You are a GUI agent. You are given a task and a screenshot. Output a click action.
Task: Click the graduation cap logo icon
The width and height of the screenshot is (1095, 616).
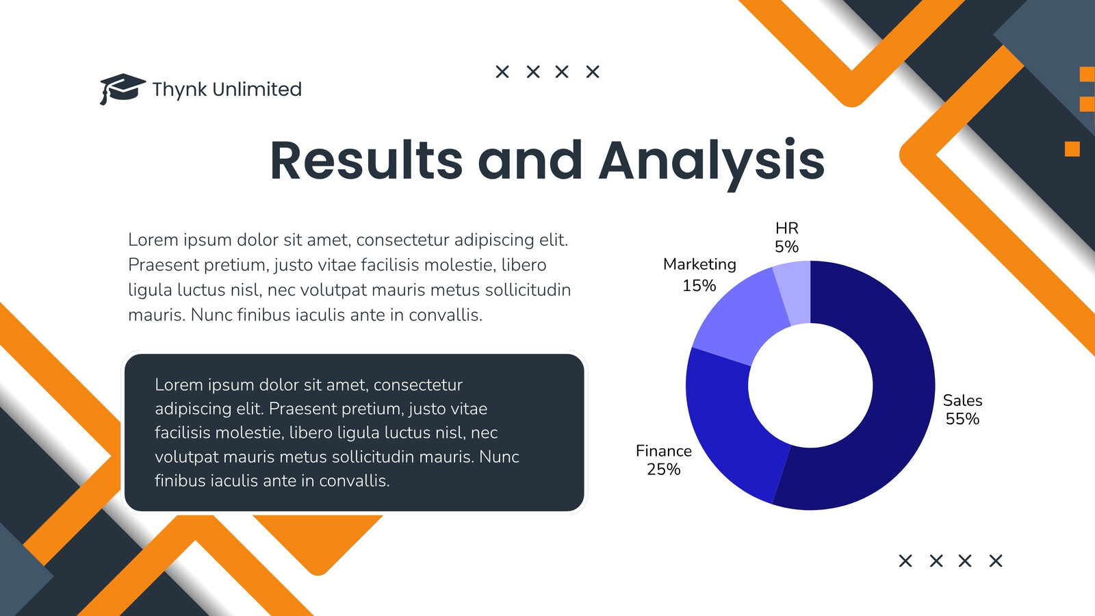point(123,89)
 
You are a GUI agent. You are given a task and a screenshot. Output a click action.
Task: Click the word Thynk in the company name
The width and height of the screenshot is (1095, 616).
point(179,90)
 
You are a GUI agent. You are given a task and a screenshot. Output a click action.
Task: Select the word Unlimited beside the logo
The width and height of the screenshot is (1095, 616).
point(257,89)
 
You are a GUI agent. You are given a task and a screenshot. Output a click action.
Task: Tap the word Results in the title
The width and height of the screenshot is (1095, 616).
point(366,160)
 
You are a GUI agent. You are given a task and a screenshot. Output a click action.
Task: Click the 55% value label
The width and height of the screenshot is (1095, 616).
point(962,419)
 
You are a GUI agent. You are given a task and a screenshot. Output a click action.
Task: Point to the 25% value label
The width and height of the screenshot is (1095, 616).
point(663,470)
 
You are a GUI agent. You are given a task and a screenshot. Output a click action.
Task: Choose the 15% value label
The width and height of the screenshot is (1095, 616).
point(699,285)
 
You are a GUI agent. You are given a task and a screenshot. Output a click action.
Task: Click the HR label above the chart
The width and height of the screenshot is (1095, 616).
point(786,229)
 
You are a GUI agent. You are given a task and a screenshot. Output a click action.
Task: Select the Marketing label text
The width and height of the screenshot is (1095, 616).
point(699,264)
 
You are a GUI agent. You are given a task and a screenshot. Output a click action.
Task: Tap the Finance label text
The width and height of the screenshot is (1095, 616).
point(664,451)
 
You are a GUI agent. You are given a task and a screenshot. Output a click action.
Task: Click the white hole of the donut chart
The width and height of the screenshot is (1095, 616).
point(810,385)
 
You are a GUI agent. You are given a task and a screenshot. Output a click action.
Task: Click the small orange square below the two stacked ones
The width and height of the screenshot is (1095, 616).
point(1072,149)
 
